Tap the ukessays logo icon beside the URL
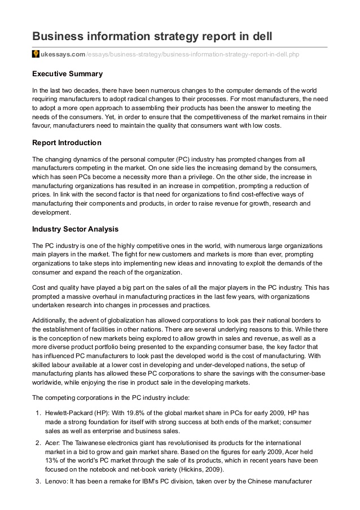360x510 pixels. (x=35, y=54)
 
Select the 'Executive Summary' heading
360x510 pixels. (x=67, y=74)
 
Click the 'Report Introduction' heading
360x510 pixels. (x=67, y=142)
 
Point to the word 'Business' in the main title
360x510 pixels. (x=62, y=37)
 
